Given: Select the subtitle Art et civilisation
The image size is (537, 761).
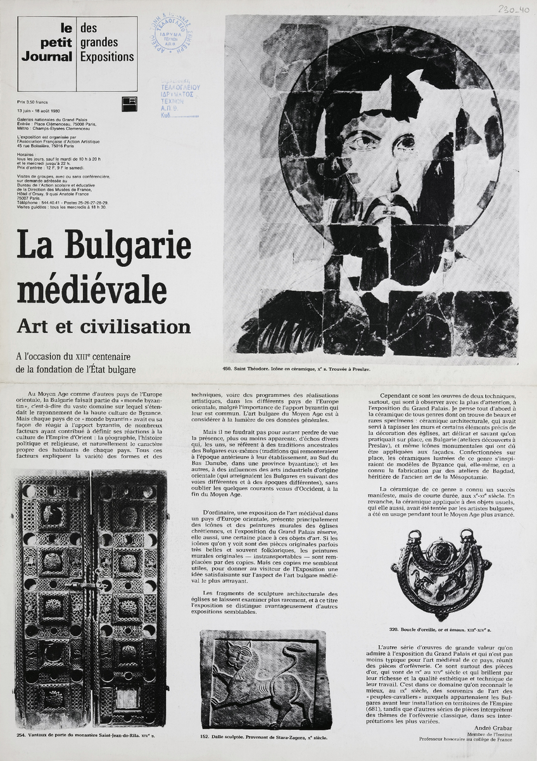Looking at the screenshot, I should click(x=104, y=326).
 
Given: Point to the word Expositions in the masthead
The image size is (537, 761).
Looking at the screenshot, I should click(x=108, y=57).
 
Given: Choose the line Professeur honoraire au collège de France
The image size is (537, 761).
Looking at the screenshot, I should click(x=469, y=739).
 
